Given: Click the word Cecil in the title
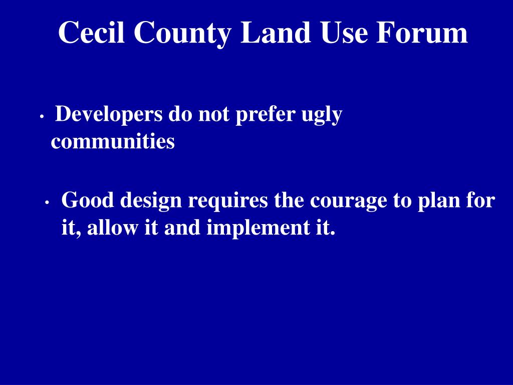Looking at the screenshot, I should (92, 33).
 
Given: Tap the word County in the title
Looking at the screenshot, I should (182, 34).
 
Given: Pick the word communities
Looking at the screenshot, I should (113, 142).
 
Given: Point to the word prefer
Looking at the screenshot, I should (265, 115).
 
